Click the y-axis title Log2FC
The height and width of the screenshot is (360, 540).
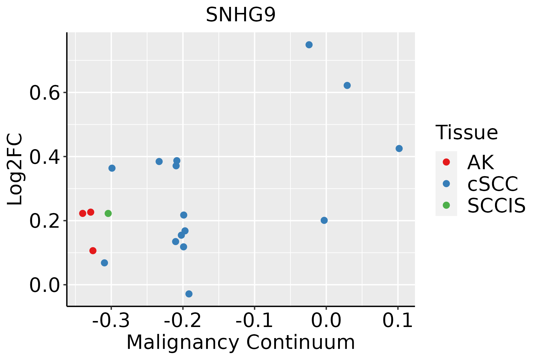coord(15,169)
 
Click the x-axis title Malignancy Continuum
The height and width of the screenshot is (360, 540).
coord(241,342)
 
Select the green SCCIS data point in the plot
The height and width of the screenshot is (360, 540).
coord(108,213)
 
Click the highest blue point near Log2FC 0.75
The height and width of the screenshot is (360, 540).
coord(309,45)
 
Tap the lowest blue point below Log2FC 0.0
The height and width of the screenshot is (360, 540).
coord(189,294)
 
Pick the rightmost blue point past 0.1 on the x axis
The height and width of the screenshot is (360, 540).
coord(399,148)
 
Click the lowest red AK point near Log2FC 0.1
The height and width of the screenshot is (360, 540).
coord(93,250)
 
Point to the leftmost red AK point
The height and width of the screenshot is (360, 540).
coord(83,213)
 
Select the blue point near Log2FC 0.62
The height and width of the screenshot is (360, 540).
coord(347,85)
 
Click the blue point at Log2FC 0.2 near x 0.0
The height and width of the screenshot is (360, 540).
coord(324,220)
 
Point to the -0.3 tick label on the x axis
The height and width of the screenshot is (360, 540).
coord(111,321)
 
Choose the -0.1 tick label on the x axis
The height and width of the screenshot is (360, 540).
coord(254,321)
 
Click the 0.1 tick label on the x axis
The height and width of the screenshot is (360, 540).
coord(398,321)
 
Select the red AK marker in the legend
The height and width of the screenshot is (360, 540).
coord(446,162)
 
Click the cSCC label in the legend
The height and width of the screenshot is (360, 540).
coord(493,184)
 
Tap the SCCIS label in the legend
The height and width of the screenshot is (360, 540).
coord(496,205)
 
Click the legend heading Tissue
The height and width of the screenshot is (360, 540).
coord(466,132)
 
